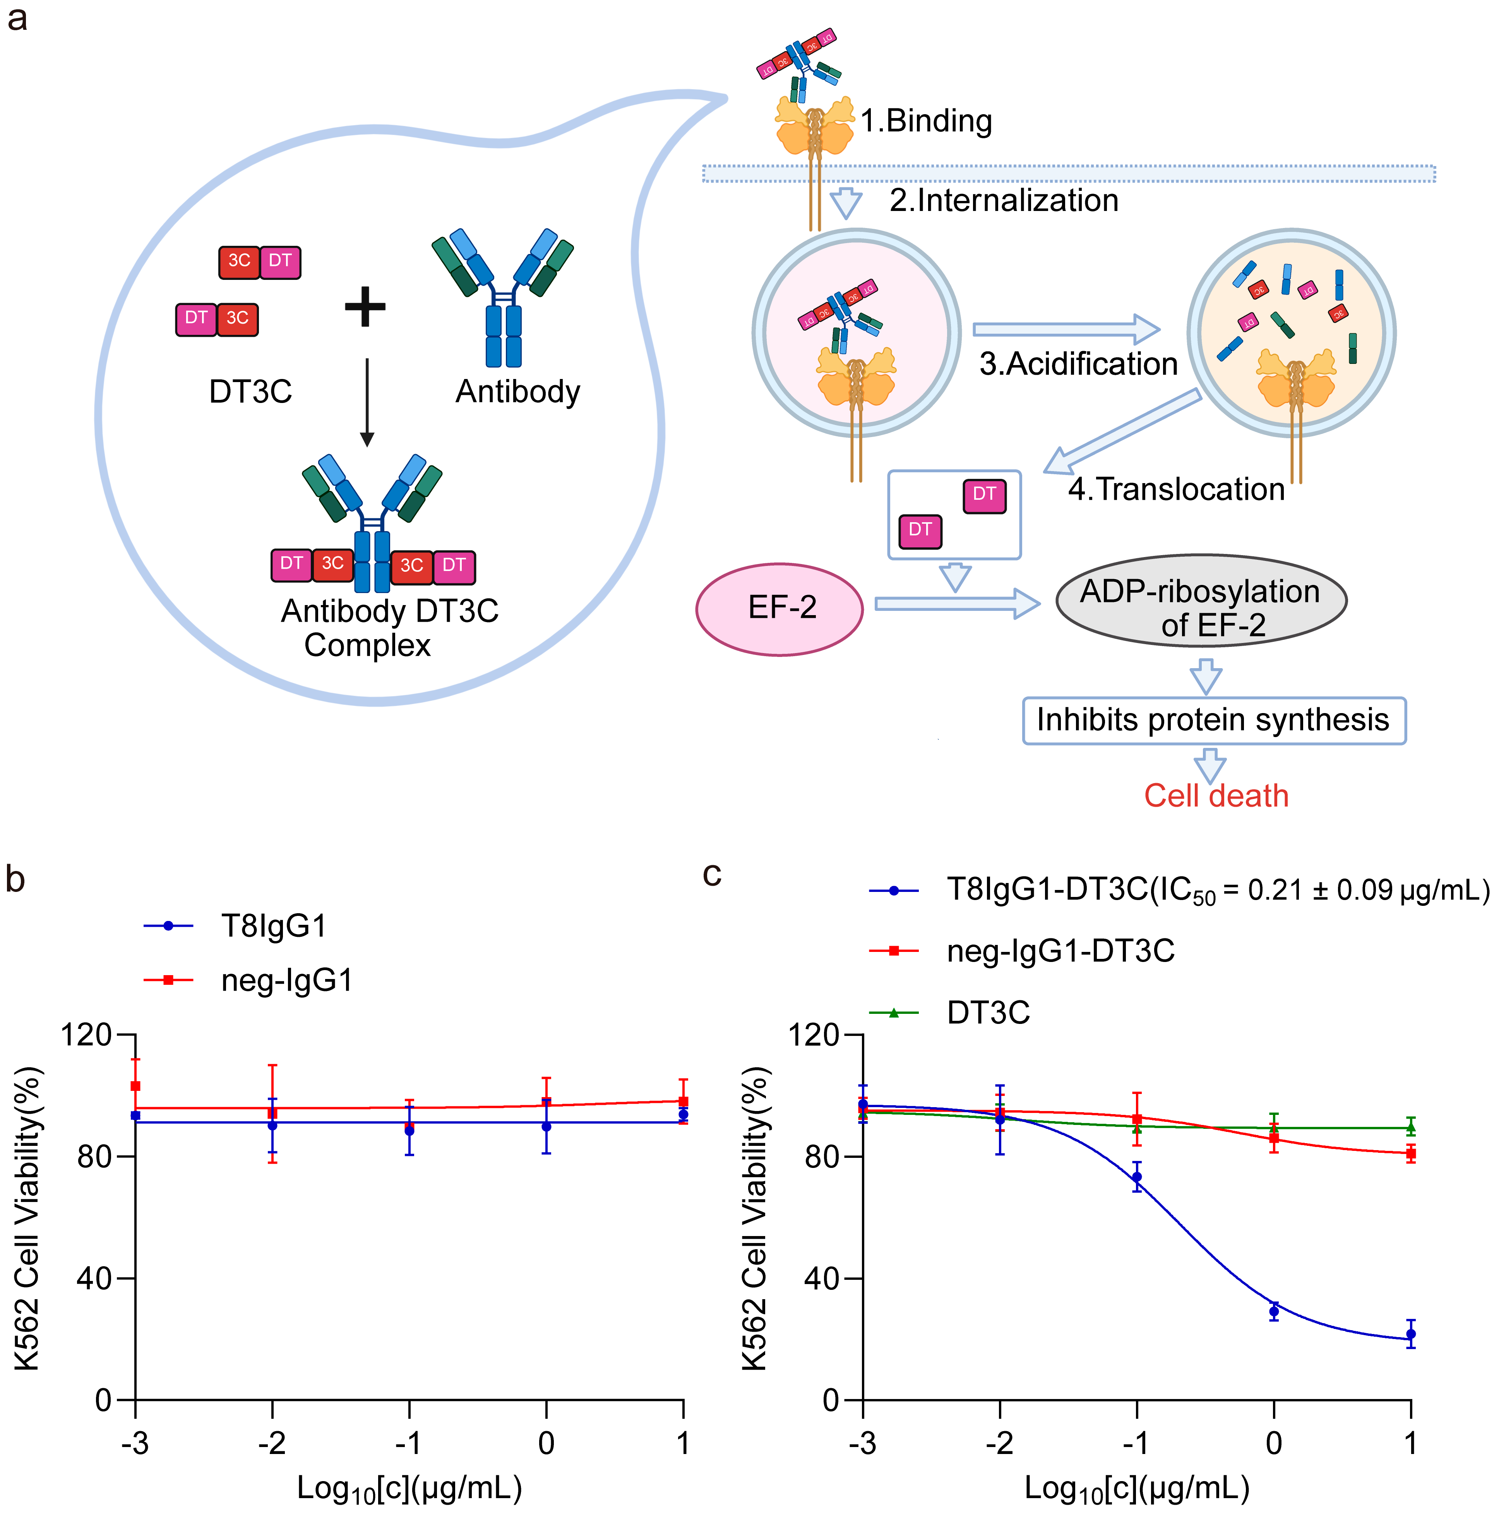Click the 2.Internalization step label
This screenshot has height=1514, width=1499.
click(x=1003, y=201)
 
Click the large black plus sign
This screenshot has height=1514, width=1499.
click(x=365, y=307)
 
